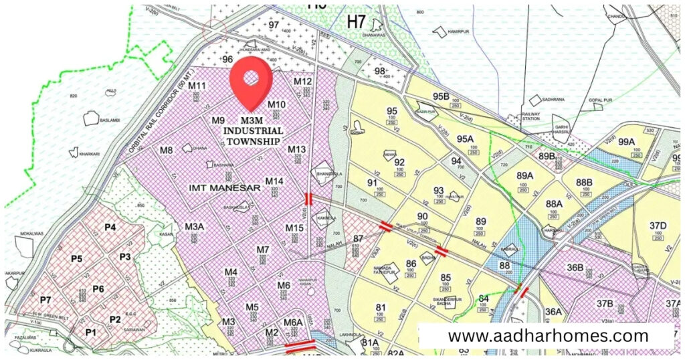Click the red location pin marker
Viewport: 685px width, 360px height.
click(x=251, y=80)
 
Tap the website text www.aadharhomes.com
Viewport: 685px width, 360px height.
click(x=548, y=335)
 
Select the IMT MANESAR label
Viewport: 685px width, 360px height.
click(x=225, y=188)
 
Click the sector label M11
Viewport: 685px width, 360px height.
click(x=197, y=86)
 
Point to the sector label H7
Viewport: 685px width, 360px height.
click(x=357, y=21)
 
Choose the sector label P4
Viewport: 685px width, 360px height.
click(x=110, y=228)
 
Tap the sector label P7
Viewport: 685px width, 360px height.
click(x=45, y=299)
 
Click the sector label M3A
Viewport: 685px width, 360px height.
click(x=194, y=226)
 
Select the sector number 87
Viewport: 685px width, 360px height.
click(x=359, y=239)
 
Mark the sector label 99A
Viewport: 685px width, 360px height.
click(x=626, y=142)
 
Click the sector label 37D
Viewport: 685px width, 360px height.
click(x=658, y=225)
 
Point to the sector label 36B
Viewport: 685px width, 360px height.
click(x=575, y=268)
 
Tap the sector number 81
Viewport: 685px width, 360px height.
click(x=381, y=308)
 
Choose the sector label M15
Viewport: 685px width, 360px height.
click(x=294, y=228)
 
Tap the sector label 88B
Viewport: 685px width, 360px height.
click(x=584, y=183)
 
